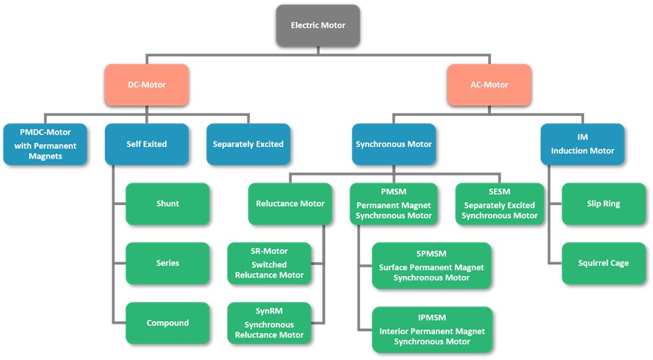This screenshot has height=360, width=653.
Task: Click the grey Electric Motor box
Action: click(x=318, y=25)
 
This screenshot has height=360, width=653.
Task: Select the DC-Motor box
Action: click(x=146, y=85)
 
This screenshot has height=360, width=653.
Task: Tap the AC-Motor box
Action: click(x=489, y=85)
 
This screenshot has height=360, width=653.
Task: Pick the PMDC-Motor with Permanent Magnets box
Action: click(x=45, y=144)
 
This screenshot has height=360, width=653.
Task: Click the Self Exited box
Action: click(x=146, y=144)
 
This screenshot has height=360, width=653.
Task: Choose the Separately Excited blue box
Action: click(x=248, y=144)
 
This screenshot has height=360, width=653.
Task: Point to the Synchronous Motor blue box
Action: click(x=394, y=144)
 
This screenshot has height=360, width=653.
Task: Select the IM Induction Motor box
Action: click(x=583, y=144)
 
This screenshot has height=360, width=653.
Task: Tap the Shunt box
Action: click(x=167, y=204)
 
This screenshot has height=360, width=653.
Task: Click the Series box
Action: click(x=167, y=264)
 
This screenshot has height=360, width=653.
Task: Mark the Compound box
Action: click(x=167, y=323)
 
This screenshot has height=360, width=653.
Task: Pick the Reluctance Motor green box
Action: click(x=290, y=204)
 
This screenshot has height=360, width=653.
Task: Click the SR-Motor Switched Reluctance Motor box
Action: click(x=269, y=264)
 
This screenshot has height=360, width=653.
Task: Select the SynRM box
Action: click(x=269, y=323)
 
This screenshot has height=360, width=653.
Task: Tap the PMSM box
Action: click(x=394, y=204)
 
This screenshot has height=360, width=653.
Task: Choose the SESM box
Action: click(x=500, y=204)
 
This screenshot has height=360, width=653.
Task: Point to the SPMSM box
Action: click(x=431, y=265)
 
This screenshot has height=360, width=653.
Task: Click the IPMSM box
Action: click(x=432, y=330)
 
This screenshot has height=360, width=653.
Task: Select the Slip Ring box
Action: click(x=604, y=204)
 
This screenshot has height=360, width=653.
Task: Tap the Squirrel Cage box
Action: click(x=604, y=264)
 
